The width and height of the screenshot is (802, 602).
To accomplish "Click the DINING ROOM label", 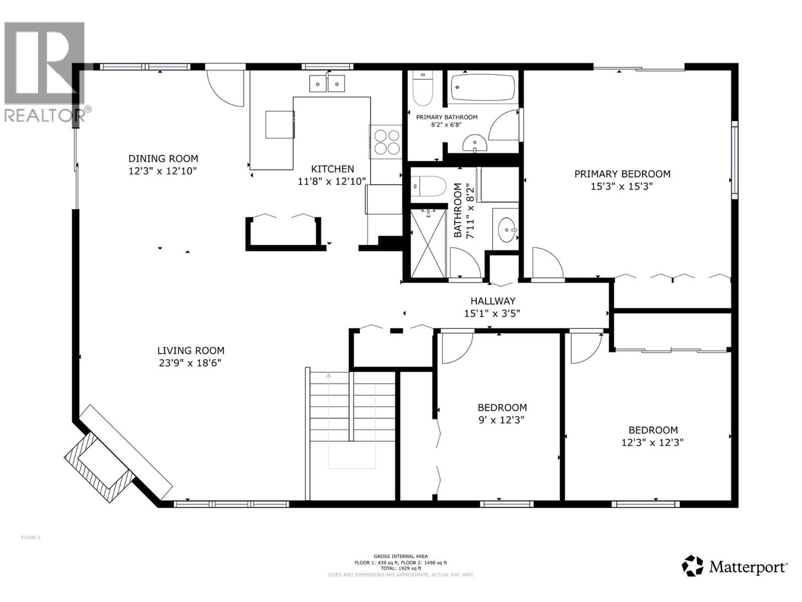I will click(x=163, y=159).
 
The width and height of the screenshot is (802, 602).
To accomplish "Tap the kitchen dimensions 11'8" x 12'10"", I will click(x=332, y=182).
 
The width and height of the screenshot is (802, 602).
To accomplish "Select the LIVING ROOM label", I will click(x=190, y=351).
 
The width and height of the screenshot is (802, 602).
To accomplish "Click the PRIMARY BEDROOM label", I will click(x=622, y=174).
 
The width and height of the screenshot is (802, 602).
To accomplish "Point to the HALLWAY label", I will click(x=492, y=301).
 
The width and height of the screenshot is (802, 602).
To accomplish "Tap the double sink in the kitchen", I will click(x=327, y=83).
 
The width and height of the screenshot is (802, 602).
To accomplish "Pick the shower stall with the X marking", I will click(x=428, y=243).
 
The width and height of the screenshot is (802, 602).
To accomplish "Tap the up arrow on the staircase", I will click(x=329, y=375).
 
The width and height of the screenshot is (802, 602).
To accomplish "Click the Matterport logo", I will click(x=734, y=567).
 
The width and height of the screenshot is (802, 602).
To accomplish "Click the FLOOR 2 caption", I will click(x=31, y=538).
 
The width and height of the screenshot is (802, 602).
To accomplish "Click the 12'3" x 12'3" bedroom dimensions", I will click(x=653, y=442).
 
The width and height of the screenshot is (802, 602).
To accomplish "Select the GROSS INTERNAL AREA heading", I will click(x=400, y=556).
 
